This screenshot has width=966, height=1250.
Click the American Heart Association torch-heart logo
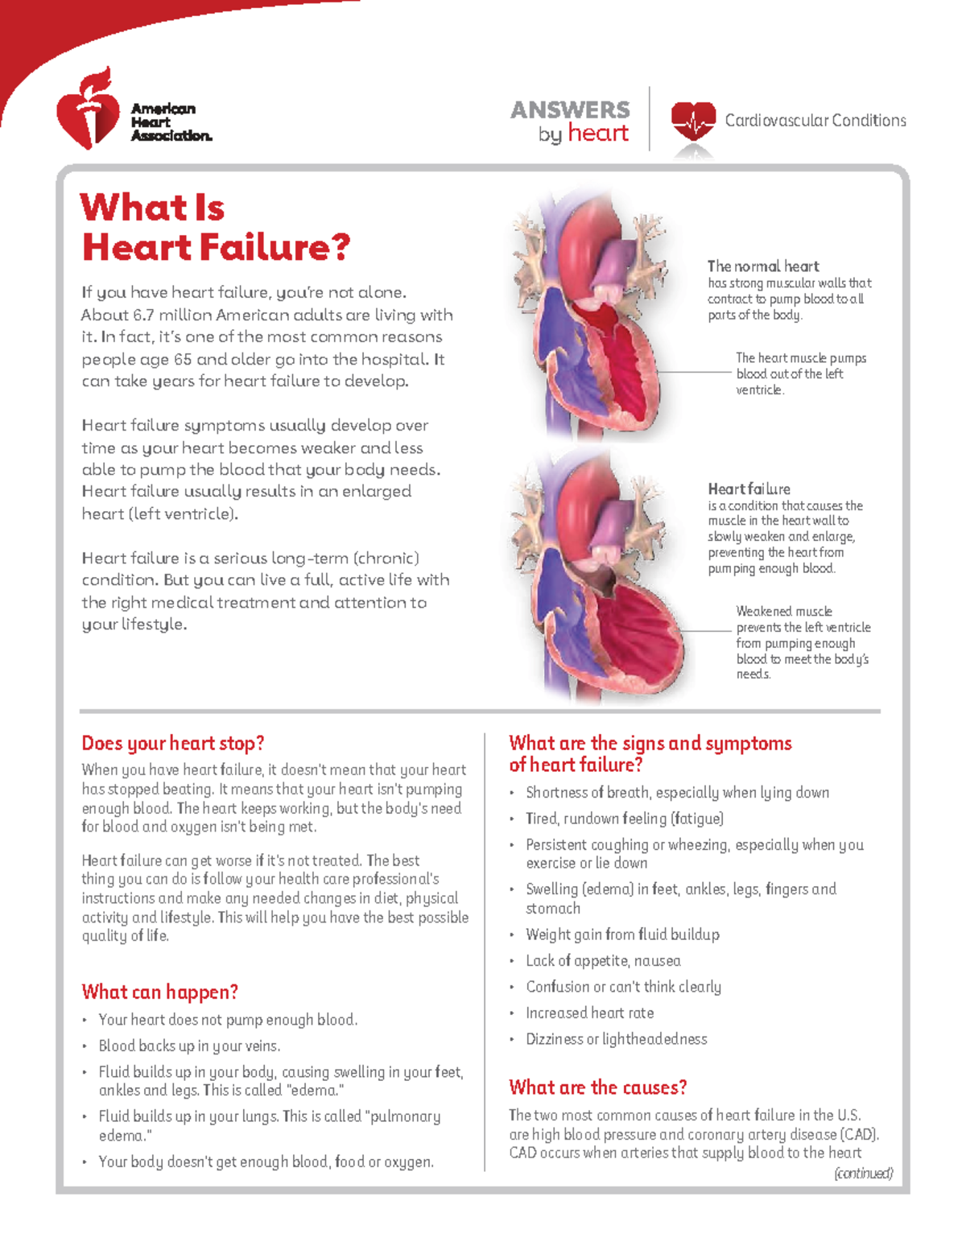[x=87, y=110]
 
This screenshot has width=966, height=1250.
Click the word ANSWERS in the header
[x=570, y=109]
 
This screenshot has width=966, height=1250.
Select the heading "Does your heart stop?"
[x=173, y=743]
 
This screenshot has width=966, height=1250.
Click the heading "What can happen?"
[x=159, y=992]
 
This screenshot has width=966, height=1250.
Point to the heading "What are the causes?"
[x=597, y=1087]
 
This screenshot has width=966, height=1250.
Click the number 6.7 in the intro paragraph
[x=143, y=315]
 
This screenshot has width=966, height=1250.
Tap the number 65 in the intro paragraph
[x=182, y=359]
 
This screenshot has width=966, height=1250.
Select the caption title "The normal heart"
[x=763, y=266]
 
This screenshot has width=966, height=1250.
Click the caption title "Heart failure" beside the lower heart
[x=749, y=489]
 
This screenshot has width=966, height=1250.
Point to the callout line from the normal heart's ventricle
[x=692, y=372]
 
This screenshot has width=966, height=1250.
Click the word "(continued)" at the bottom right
[x=863, y=1174]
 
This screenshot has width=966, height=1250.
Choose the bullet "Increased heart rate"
[x=589, y=1013]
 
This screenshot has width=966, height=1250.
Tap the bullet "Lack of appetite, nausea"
[x=603, y=960]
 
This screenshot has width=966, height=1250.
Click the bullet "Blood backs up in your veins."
[x=189, y=1046]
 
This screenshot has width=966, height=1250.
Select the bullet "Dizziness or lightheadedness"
[x=616, y=1039]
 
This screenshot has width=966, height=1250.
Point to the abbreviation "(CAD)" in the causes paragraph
[x=859, y=1134]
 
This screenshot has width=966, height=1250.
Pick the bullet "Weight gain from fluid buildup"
[x=622, y=934]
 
